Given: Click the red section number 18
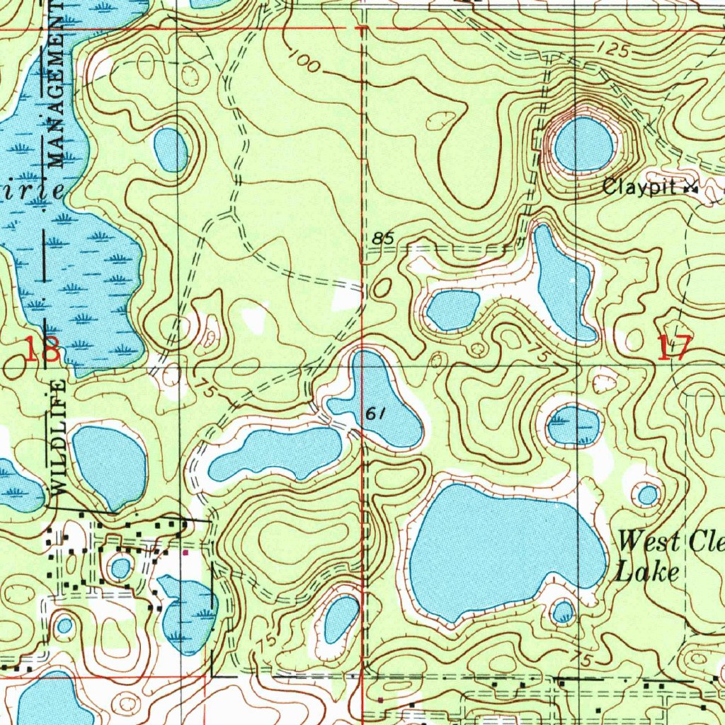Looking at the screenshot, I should (42, 350).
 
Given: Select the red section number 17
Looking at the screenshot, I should (673, 348).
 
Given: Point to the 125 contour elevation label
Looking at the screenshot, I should (612, 50).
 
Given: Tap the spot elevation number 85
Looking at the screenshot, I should (382, 239).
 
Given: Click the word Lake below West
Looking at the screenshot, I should (646, 572).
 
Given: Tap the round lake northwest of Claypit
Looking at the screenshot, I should (583, 144).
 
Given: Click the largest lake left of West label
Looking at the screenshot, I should (503, 549).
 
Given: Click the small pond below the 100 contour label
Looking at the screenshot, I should (171, 149).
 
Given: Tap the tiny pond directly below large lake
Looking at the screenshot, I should (563, 612).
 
